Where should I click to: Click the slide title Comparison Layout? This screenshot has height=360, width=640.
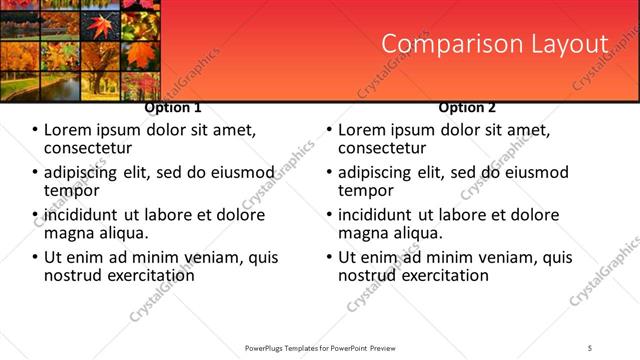point(495,44)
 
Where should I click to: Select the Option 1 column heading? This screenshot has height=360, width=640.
point(173,107)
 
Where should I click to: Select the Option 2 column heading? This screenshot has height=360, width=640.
point(467,107)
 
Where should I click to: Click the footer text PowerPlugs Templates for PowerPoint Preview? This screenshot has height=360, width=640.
point(320,347)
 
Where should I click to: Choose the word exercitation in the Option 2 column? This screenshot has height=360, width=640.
point(437,274)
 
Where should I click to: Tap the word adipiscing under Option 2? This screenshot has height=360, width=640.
point(378,172)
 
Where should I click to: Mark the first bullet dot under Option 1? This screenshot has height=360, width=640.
point(35,130)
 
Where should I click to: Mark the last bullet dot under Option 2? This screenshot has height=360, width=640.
point(329,257)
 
